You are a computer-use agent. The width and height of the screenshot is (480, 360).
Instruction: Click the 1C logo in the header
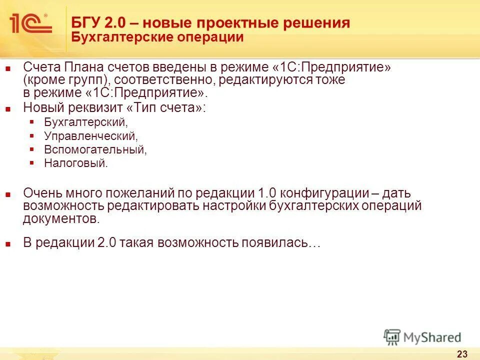(30, 23)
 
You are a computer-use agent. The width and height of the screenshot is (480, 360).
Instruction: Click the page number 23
(462, 354)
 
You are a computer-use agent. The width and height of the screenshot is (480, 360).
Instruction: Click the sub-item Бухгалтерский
(85, 122)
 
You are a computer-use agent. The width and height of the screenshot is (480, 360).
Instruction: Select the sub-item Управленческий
(90, 135)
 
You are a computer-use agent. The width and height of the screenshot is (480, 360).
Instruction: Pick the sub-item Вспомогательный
(95, 149)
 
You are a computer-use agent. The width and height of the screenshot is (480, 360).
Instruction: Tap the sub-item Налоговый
(75, 163)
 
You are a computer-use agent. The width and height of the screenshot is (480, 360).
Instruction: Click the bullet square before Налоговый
(32, 163)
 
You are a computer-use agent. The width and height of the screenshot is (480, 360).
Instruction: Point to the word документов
(61, 218)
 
